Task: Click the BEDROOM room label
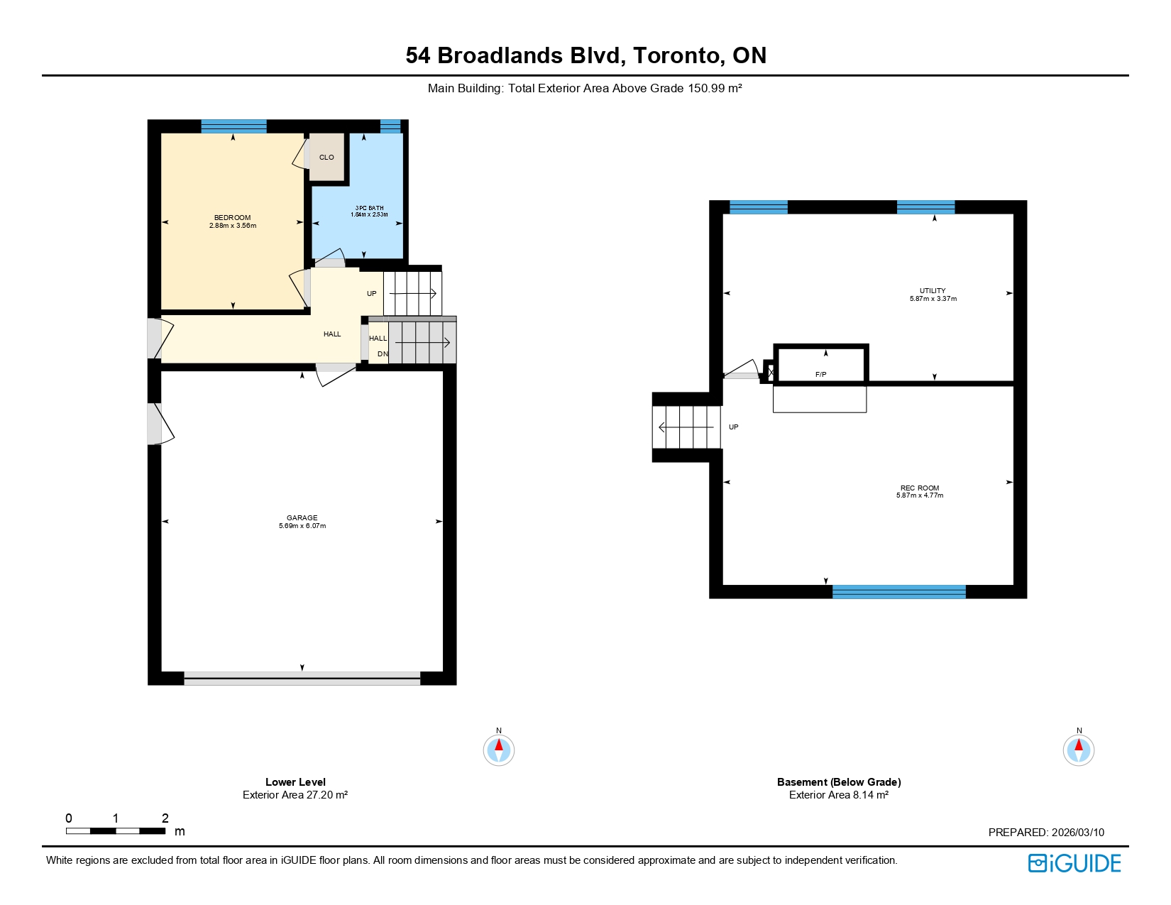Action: coord(232,218)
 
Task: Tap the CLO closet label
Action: coord(326,158)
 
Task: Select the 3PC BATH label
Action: coord(369,208)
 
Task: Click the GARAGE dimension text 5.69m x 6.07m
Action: coord(302,526)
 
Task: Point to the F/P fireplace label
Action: coord(820,374)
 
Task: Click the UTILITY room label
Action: coord(933,291)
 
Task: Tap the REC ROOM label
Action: coord(920,488)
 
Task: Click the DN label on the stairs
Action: coord(383,353)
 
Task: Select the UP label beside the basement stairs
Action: coord(733,427)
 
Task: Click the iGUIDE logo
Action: coord(1074,863)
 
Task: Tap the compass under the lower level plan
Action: coord(499,750)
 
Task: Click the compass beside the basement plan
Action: coord(1079,750)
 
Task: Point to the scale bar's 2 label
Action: coord(165,818)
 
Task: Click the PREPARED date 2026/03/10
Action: coord(1078,833)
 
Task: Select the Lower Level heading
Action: coord(295,782)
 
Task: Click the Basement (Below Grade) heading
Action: coord(839,782)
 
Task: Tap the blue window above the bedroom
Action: coord(233,126)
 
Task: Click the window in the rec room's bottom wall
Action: coord(898,592)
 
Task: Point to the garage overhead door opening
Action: coord(302,679)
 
